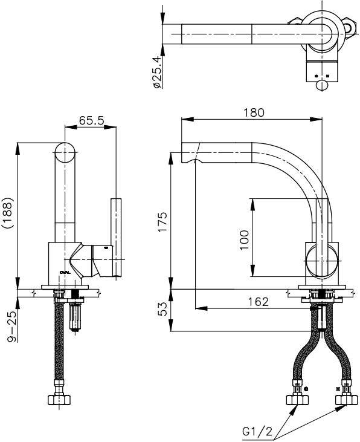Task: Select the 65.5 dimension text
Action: [x=92, y=120]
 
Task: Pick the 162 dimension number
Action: [x=257, y=301]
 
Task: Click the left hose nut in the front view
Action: [x=297, y=400]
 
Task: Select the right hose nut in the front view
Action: [x=347, y=400]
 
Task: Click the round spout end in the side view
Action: [x=65, y=152]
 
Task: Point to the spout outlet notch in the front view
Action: [x=194, y=162]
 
